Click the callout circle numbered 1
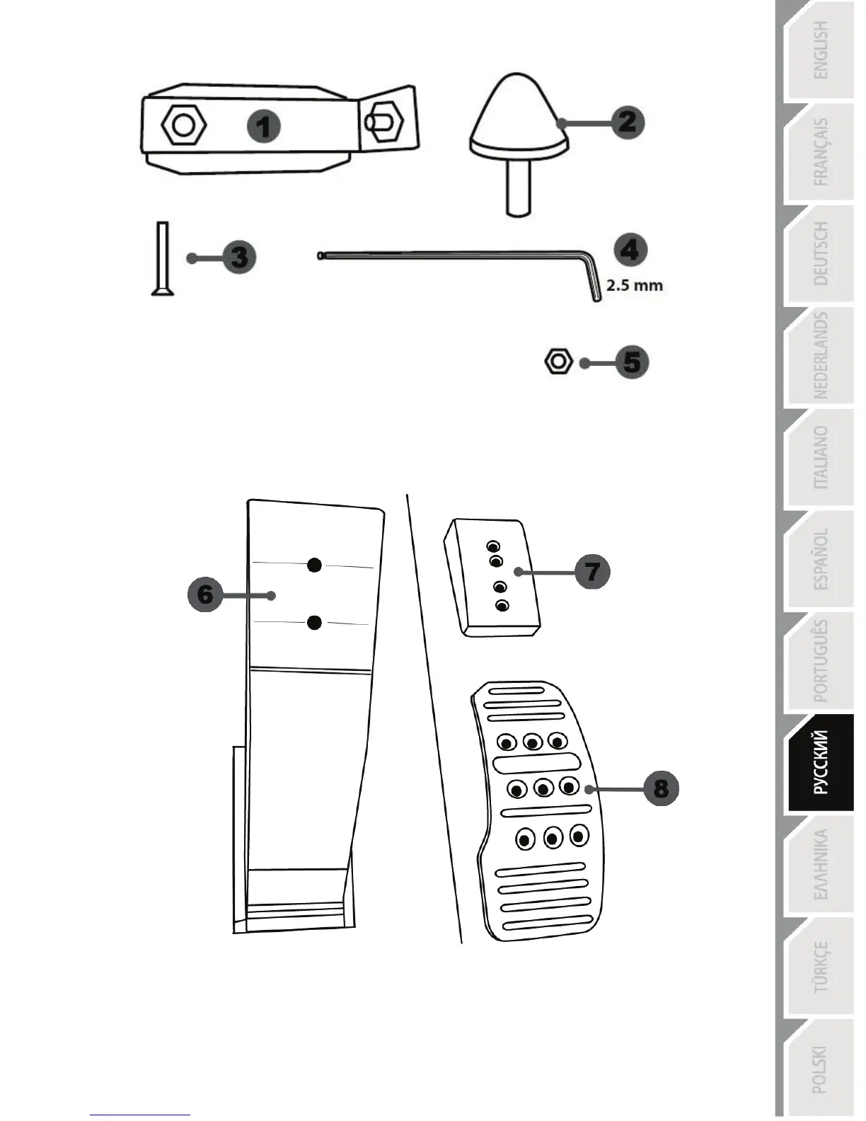[x=264, y=127]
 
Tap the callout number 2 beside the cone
[x=627, y=122]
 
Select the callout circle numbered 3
[x=239, y=257]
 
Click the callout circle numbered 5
[x=631, y=362]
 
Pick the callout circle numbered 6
[x=205, y=594]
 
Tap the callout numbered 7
[x=592, y=571]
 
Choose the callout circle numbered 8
[x=660, y=788]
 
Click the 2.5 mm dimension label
[x=635, y=287]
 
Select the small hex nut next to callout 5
[x=558, y=362]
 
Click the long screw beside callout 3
[x=162, y=258]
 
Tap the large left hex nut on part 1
[x=184, y=126]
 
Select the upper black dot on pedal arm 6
[x=315, y=564]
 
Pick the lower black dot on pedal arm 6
[x=315, y=622]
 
